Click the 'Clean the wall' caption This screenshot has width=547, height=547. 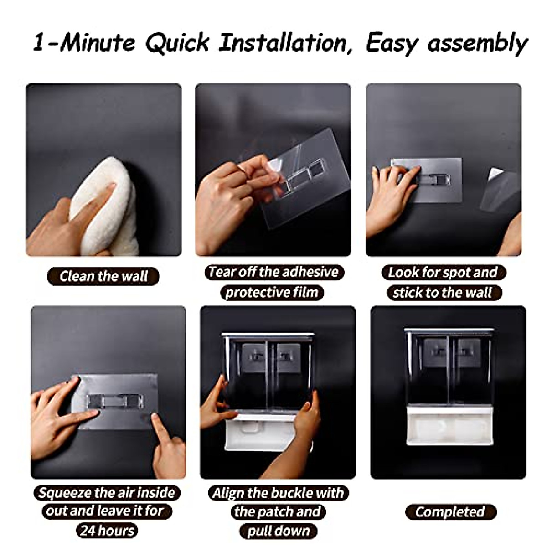[x=103, y=276]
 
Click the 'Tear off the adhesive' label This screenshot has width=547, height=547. [x=273, y=272]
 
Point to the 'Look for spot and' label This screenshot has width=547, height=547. [x=443, y=272]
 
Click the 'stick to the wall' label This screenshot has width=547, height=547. [x=443, y=292]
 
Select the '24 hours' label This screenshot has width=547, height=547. [x=107, y=530]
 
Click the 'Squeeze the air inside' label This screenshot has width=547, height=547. [x=107, y=493]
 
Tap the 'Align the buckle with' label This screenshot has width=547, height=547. [x=278, y=493]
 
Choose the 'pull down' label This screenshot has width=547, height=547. [x=278, y=531]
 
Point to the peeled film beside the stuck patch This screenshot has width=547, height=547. [x=499, y=189]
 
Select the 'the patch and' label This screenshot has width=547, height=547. [x=278, y=511]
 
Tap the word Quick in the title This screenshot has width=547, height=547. [x=178, y=43]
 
